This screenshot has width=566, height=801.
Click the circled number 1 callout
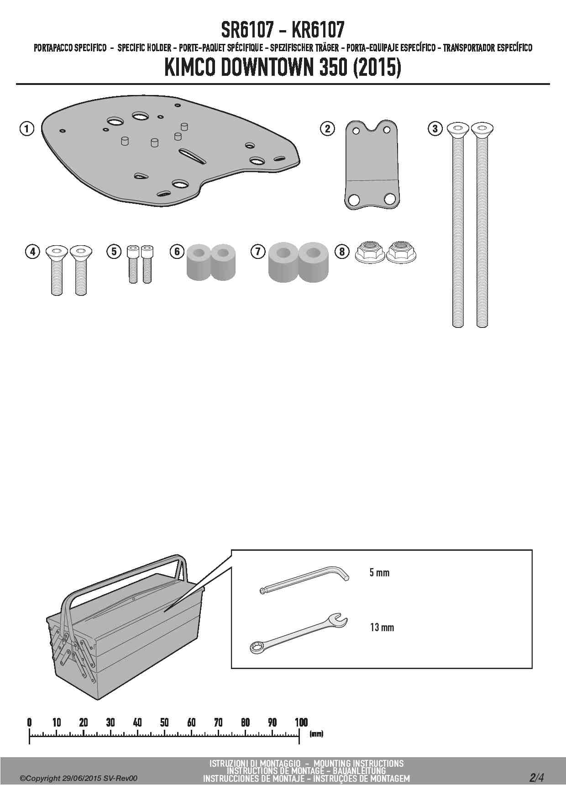(27, 129)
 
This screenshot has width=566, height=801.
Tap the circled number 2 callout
(327, 129)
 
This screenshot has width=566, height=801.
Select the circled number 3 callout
(435, 129)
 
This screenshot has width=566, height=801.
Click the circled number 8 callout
(342, 251)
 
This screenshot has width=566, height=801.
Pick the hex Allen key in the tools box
(304, 580)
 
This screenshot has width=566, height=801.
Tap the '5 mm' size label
(379, 572)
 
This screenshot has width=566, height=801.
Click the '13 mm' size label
(382, 627)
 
